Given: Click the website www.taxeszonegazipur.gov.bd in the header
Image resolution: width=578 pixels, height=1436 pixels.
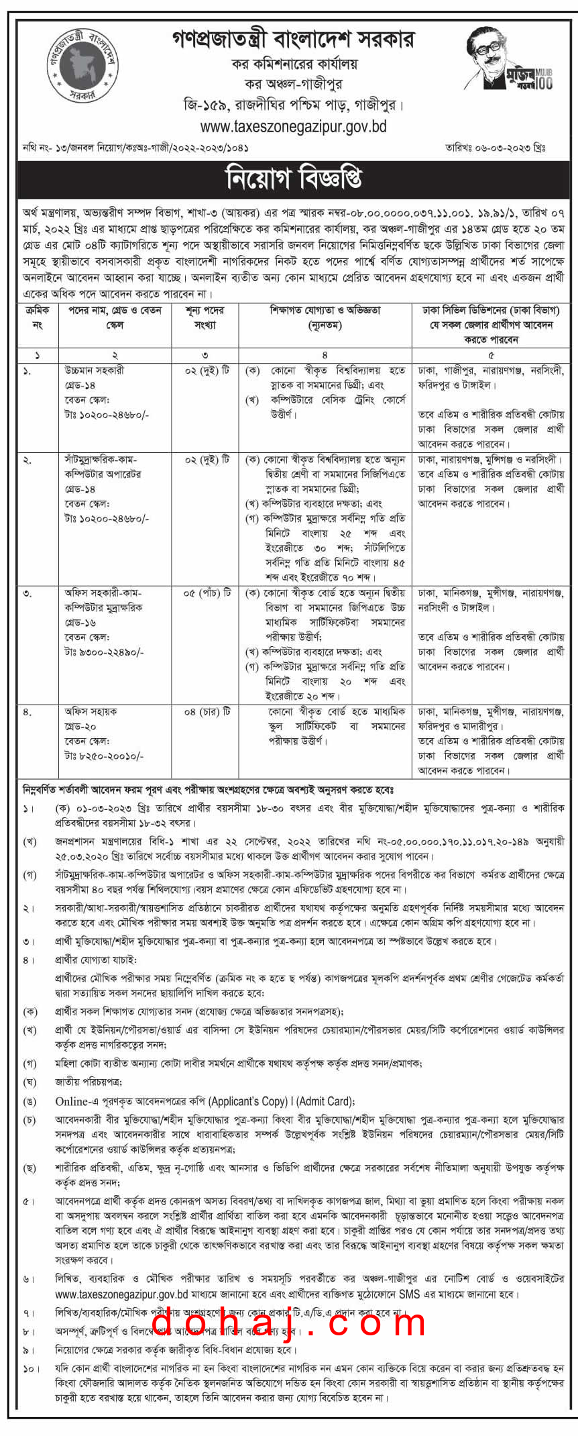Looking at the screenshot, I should (293, 126).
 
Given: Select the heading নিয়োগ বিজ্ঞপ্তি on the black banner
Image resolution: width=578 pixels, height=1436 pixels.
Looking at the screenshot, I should (294, 179).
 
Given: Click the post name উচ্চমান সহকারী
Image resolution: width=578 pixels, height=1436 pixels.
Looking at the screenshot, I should (95, 370).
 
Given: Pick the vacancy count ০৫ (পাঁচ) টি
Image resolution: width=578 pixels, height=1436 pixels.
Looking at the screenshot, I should (207, 593).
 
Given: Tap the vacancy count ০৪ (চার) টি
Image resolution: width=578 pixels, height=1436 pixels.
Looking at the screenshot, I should (207, 711).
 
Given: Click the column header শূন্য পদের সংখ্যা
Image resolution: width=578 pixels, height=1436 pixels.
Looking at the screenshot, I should (205, 317).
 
